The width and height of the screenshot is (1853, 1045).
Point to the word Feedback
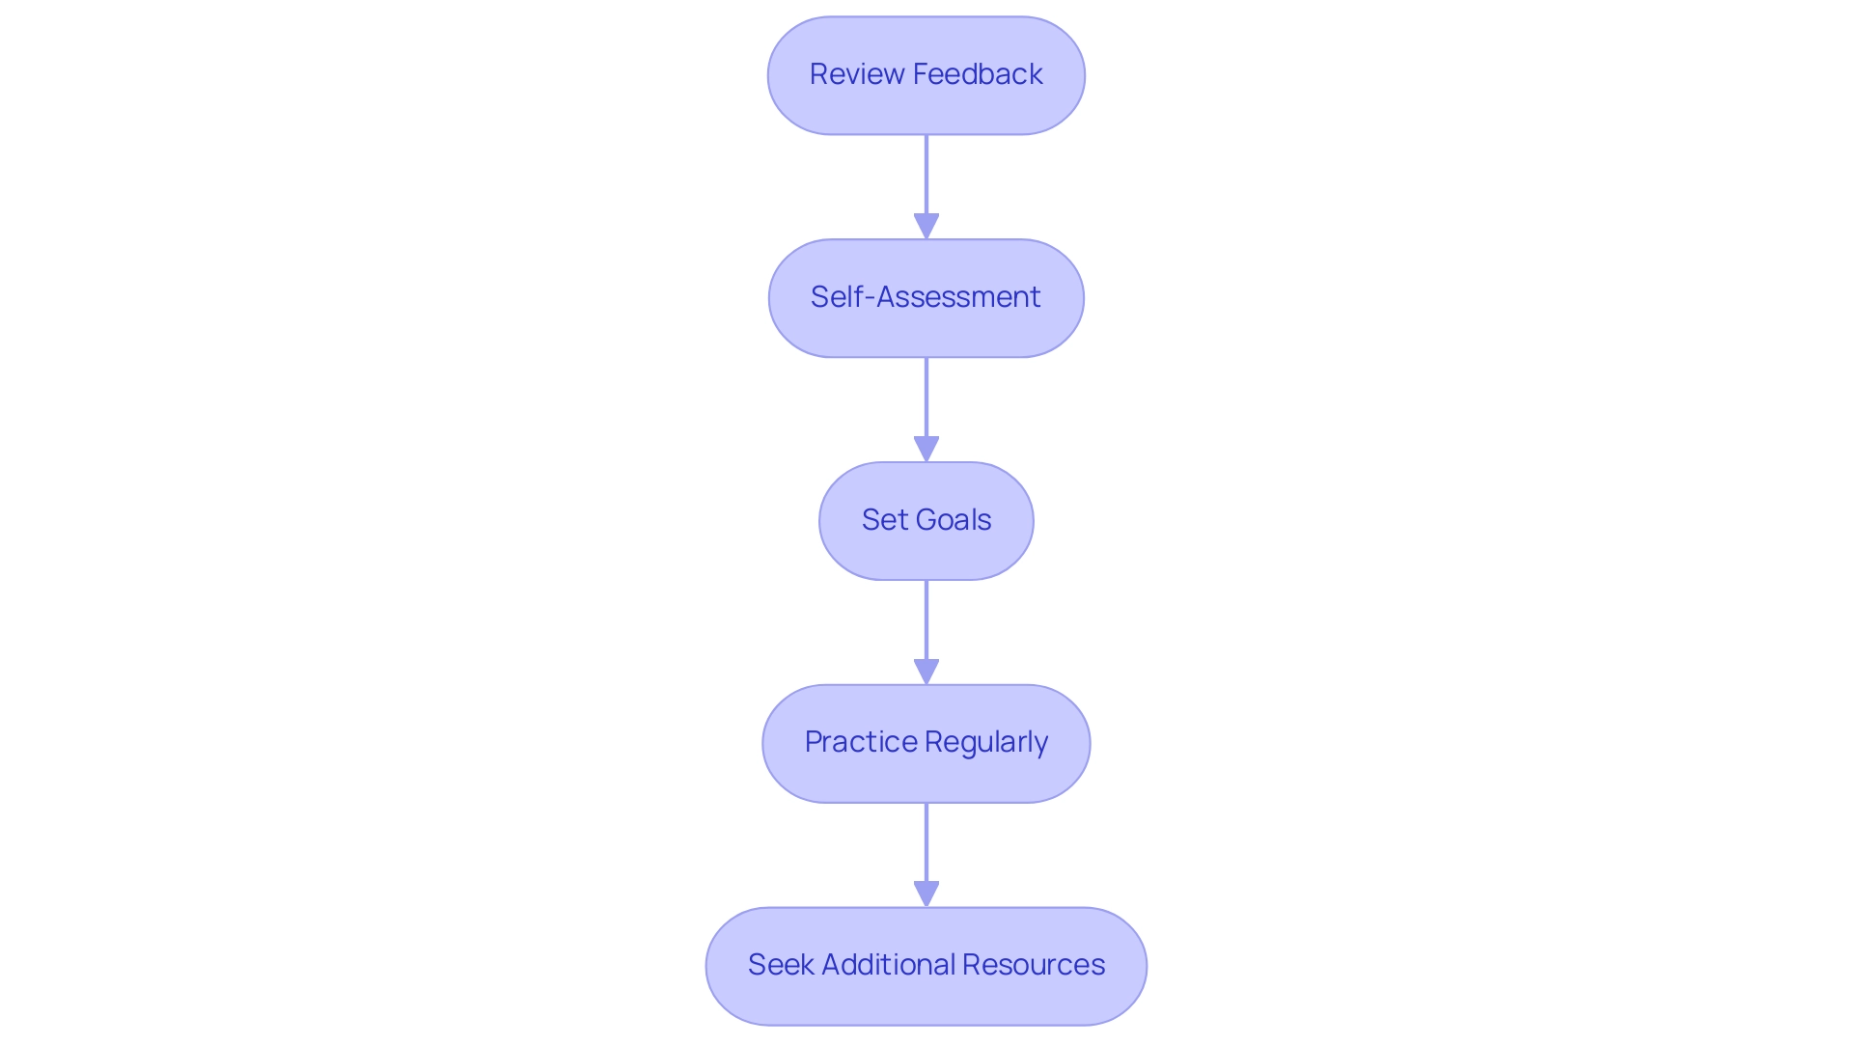[978, 74]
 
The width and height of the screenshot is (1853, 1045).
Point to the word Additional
[887, 965]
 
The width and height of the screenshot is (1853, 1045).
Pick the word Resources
[1033, 965]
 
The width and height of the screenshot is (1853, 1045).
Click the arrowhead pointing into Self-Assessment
[926, 226]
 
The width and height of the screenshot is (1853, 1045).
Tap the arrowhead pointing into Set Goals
[926, 449]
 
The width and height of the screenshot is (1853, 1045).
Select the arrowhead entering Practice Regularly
[926, 672]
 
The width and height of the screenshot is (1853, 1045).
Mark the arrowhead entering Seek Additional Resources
[926, 894]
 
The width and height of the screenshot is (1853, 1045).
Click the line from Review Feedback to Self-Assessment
[926, 174]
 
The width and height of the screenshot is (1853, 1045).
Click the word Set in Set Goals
[884, 520]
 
